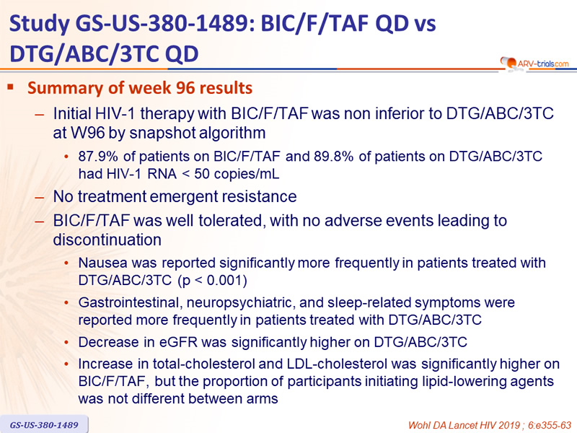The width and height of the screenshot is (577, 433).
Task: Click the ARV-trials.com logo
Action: coord(534,63)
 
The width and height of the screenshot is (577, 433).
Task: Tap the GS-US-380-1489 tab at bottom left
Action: coord(44,424)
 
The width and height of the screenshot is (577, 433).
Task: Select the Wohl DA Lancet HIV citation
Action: coord(490,425)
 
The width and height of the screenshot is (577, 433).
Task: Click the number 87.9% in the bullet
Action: coord(98,157)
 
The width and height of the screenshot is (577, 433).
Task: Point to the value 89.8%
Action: coord(333,157)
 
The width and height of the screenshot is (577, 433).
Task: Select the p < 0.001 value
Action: coord(213,281)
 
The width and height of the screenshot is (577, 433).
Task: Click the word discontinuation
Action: coord(107,240)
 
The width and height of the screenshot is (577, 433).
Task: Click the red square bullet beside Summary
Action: coord(11,87)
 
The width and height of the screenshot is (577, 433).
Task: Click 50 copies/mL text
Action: coord(237,174)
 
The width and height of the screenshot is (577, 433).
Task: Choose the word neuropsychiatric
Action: coord(241,302)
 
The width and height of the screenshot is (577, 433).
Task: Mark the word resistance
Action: coord(258,196)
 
